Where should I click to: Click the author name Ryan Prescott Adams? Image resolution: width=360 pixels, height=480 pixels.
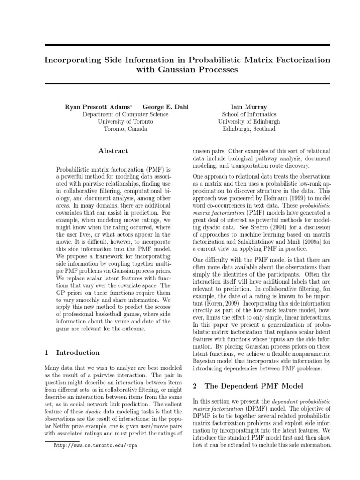[97, 107]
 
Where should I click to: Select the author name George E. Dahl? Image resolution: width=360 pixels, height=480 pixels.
[166, 107]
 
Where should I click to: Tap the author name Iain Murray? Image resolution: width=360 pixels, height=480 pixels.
[249, 107]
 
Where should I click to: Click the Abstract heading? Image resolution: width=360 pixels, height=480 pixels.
[113, 151]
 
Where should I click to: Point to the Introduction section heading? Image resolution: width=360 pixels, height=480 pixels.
[78, 352]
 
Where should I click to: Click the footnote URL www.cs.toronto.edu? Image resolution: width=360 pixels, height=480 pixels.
[96, 445]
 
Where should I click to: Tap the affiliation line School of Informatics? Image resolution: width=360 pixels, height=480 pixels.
[249, 114]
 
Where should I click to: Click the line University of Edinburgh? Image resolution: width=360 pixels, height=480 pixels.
[249, 121]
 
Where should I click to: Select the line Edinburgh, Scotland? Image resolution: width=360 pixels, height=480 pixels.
[249, 129]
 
